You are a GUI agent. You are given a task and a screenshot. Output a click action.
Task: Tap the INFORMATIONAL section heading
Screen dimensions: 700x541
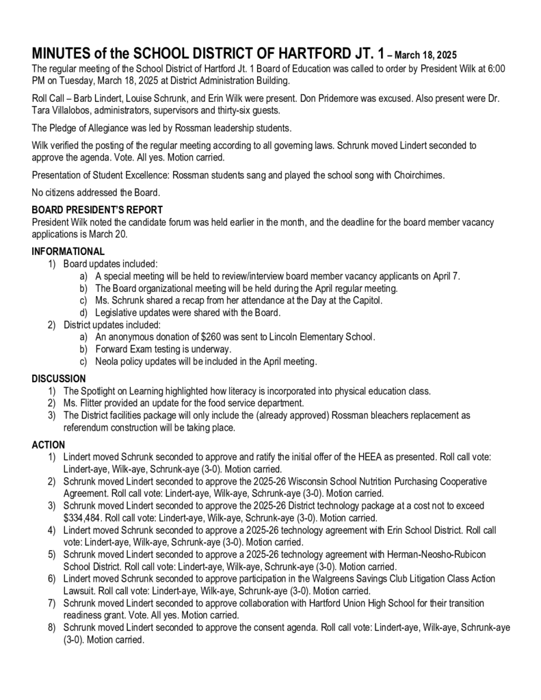pos(68,252)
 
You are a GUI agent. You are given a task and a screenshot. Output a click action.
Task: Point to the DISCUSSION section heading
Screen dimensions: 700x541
pos(59,378)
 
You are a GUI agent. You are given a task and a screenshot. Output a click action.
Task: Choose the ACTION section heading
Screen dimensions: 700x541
pos(48,445)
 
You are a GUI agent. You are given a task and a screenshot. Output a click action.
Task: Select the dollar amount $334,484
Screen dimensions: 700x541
pos(84,518)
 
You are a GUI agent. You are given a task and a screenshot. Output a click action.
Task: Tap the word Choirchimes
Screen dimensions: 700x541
pos(419,175)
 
